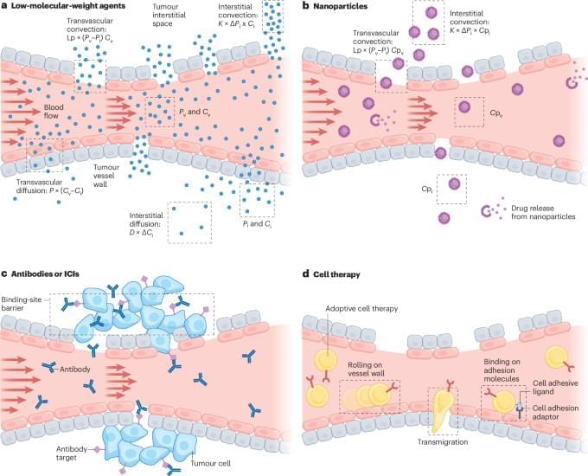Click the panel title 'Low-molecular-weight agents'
68,6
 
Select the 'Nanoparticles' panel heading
340,6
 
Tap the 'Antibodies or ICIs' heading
45,274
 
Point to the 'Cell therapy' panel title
336,274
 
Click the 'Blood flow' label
54,112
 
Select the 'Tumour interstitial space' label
169,15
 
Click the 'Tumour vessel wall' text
106,176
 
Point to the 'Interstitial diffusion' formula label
146,224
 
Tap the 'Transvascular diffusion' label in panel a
49,187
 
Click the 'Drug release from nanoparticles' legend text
543,213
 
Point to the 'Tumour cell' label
210,463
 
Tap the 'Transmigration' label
443,442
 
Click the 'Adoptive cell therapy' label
361,309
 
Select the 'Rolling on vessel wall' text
366,369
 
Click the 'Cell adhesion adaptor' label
555,412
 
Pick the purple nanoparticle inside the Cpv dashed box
464,106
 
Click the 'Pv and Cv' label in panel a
194,112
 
